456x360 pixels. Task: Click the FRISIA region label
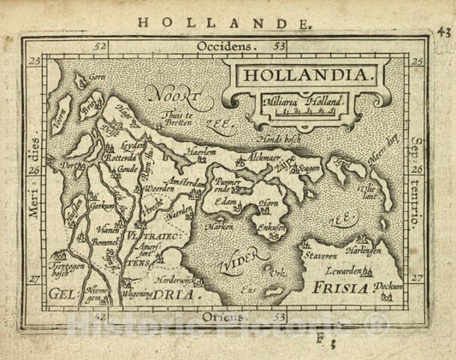click(x=339, y=290)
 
